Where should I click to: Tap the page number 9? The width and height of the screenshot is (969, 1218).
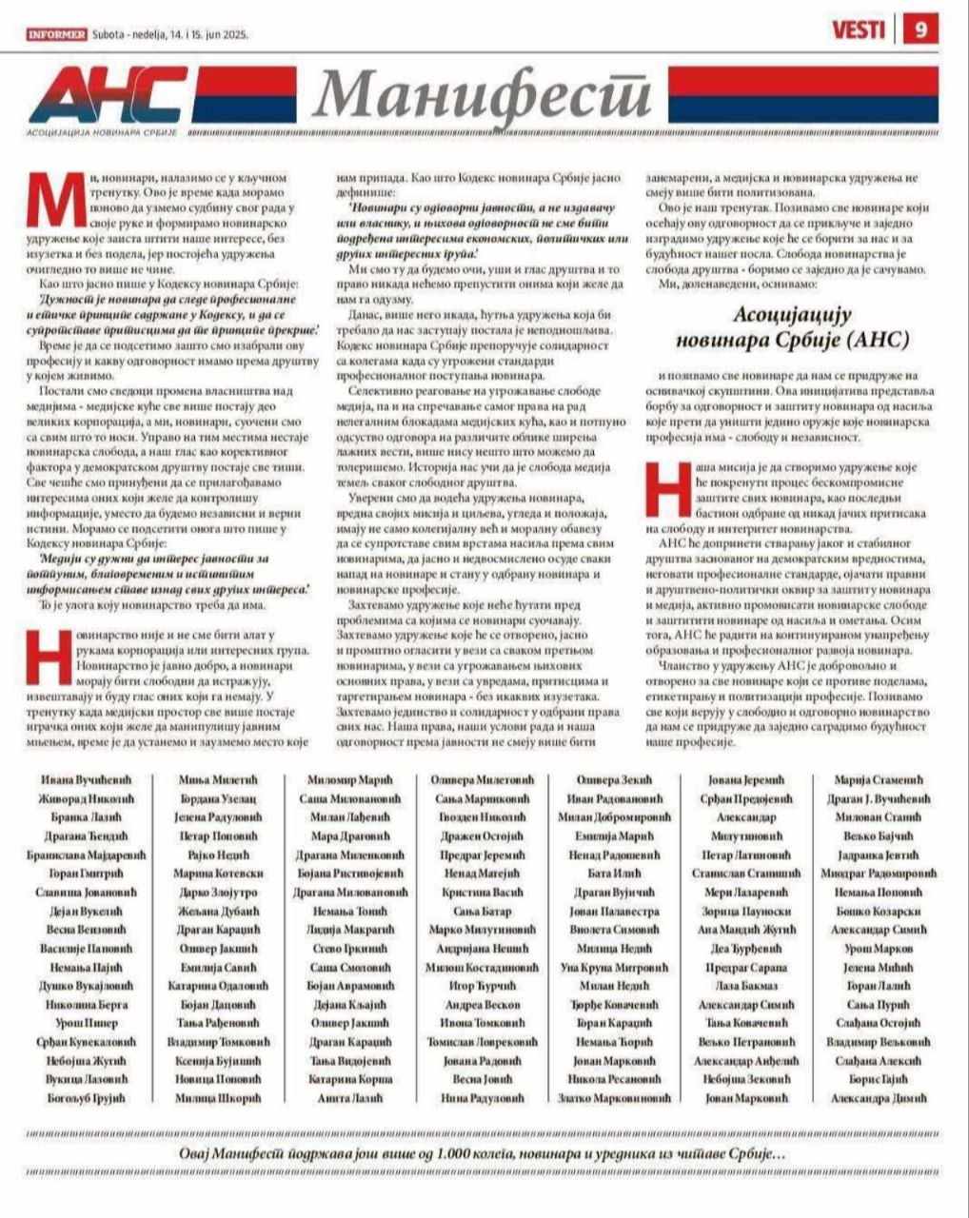click(920, 30)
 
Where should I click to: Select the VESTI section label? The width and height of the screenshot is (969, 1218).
click(858, 30)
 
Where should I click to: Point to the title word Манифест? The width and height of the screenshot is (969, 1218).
click(483, 96)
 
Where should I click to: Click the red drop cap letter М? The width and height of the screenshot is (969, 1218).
click(55, 202)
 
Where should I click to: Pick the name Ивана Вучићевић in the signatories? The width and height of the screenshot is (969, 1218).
click(87, 780)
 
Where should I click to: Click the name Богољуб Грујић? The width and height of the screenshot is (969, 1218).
click(87, 1098)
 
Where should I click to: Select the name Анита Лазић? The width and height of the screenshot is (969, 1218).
click(350, 1098)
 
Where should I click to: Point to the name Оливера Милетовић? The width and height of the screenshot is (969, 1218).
click(483, 780)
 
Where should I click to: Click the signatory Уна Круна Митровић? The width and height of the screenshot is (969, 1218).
click(615, 967)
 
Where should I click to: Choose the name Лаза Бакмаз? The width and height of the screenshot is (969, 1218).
click(746, 986)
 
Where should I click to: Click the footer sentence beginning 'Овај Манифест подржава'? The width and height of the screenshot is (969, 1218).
click(484, 1152)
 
